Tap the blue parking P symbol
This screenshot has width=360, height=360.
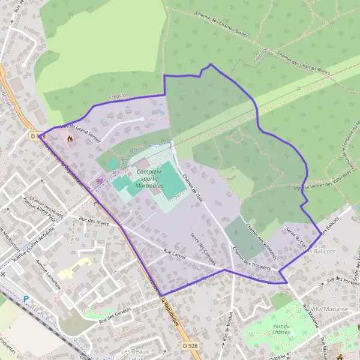click(x=26, y=298)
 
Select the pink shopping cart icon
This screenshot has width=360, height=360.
click(x=100, y=179)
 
